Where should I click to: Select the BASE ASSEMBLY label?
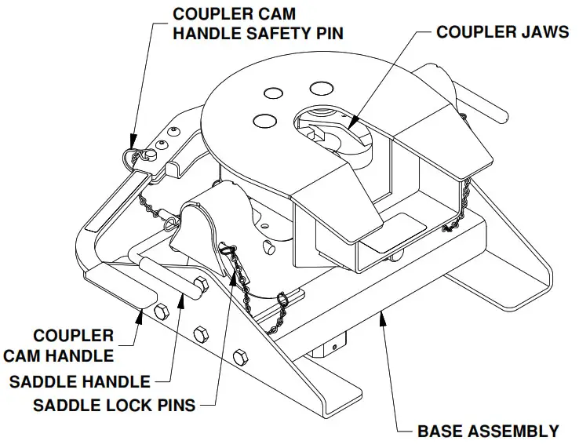click(x=488, y=431)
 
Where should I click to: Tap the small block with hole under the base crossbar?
click(x=333, y=344)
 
